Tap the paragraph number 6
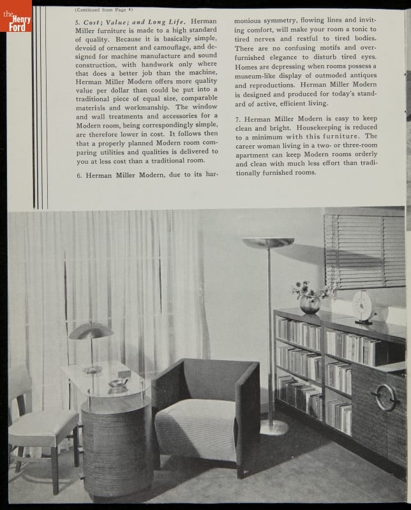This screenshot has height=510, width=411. [x=79, y=175]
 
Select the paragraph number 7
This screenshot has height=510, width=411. [x=237, y=119]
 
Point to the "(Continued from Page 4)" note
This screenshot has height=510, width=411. [x=103, y=9]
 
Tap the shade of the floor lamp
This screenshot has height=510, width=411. [x=268, y=242]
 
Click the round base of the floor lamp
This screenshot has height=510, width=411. [x=274, y=427]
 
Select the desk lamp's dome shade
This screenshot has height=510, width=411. [x=90, y=330]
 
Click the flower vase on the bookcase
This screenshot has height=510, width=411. [x=310, y=304]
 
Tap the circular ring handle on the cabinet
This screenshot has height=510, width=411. [x=385, y=397]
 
